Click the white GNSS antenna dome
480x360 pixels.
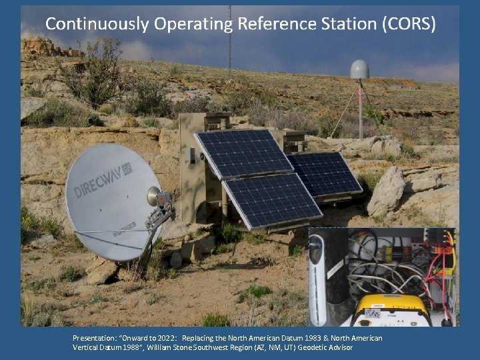click(359, 70)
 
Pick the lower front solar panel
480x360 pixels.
click(272, 200)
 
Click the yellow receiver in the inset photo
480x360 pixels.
click(391, 310)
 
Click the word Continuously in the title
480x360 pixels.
click(96, 25)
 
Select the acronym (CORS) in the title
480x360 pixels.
click(409, 25)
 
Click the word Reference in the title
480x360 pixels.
click(273, 25)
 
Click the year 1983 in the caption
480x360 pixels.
click(323, 338)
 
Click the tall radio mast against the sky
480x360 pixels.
click(229, 40)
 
